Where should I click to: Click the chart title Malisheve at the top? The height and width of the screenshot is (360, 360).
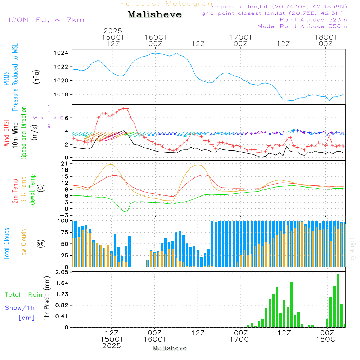click(x=154, y=15)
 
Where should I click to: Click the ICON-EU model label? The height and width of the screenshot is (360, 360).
click(x=46, y=20)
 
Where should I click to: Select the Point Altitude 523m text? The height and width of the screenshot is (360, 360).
click(x=313, y=20)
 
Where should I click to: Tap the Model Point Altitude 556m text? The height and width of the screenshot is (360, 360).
click(x=302, y=26)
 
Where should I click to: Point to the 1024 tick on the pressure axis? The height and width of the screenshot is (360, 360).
click(x=63, y=53)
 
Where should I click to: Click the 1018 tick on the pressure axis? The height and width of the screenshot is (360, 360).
click(x=63, y=94)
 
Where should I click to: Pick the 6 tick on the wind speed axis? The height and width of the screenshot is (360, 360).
click(x=67, y=118)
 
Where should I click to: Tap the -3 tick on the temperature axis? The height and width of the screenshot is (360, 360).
click(x=65, y=215)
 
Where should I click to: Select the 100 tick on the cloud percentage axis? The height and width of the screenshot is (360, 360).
click(x=63, y=220)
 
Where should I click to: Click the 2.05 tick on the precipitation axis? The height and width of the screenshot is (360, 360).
click(x=62, y=272)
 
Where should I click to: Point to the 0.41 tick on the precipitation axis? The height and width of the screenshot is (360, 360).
click(x=62, y=316)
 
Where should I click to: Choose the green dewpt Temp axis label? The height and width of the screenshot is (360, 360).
click(x=32, y=189)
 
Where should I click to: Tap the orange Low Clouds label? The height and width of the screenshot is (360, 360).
click(x=24, y=243)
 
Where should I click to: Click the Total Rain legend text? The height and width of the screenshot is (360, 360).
click(x=24, y=295)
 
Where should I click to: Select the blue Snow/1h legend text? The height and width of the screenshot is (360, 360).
click(x=20, y=308)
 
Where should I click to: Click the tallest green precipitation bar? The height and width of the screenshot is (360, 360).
click(x=338, y=301)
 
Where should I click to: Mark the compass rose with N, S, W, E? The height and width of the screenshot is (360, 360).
click(x=49, y=118)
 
